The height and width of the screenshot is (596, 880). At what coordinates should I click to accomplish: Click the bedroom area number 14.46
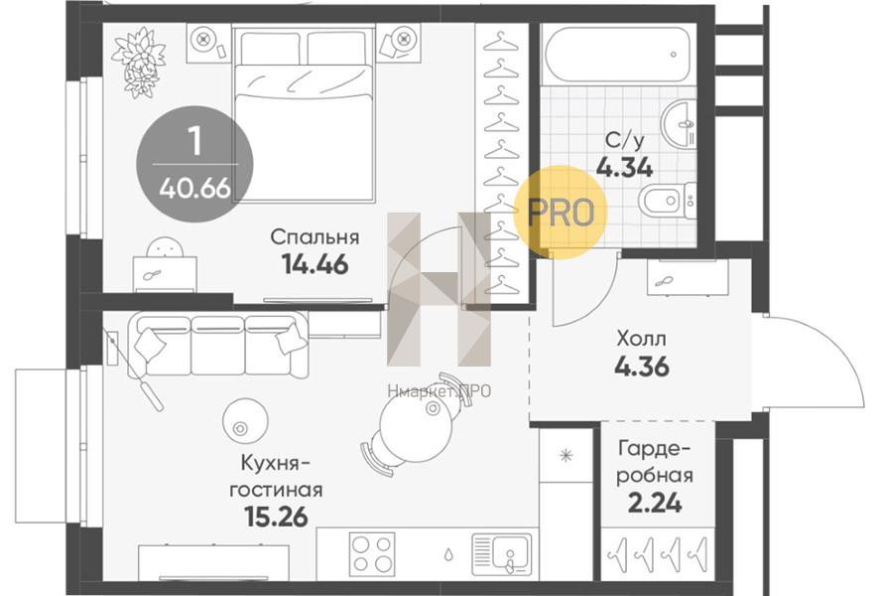pos(314,264)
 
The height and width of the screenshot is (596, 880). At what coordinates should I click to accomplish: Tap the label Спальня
pos(314,237)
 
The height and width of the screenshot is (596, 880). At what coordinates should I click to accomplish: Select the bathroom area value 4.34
pos(625,167)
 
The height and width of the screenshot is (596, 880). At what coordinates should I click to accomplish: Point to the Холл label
pos(642,339)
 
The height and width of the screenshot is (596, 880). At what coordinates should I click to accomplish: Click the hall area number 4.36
pos(642,367)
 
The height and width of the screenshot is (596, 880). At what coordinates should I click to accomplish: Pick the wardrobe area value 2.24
pos(655,503)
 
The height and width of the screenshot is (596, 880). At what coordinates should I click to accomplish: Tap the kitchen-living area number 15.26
pos(277,517)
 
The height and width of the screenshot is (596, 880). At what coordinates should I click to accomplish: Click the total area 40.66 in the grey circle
pos(194,188)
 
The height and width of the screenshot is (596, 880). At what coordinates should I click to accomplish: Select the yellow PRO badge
pos(561,213)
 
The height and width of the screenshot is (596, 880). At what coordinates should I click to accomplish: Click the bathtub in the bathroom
pos(616,55)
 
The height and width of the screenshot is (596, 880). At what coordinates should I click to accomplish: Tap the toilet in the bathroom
pos(668,200)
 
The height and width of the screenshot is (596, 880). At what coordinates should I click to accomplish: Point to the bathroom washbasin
pos(678,124)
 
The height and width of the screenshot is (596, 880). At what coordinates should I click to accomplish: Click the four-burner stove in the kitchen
pos(371,553)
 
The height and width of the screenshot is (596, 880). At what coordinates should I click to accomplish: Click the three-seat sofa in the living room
pos(217,345)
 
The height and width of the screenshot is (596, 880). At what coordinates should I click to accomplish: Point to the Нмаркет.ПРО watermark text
pos(439,391)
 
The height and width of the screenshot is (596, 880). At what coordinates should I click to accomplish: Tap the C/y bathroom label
pos(625,140)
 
